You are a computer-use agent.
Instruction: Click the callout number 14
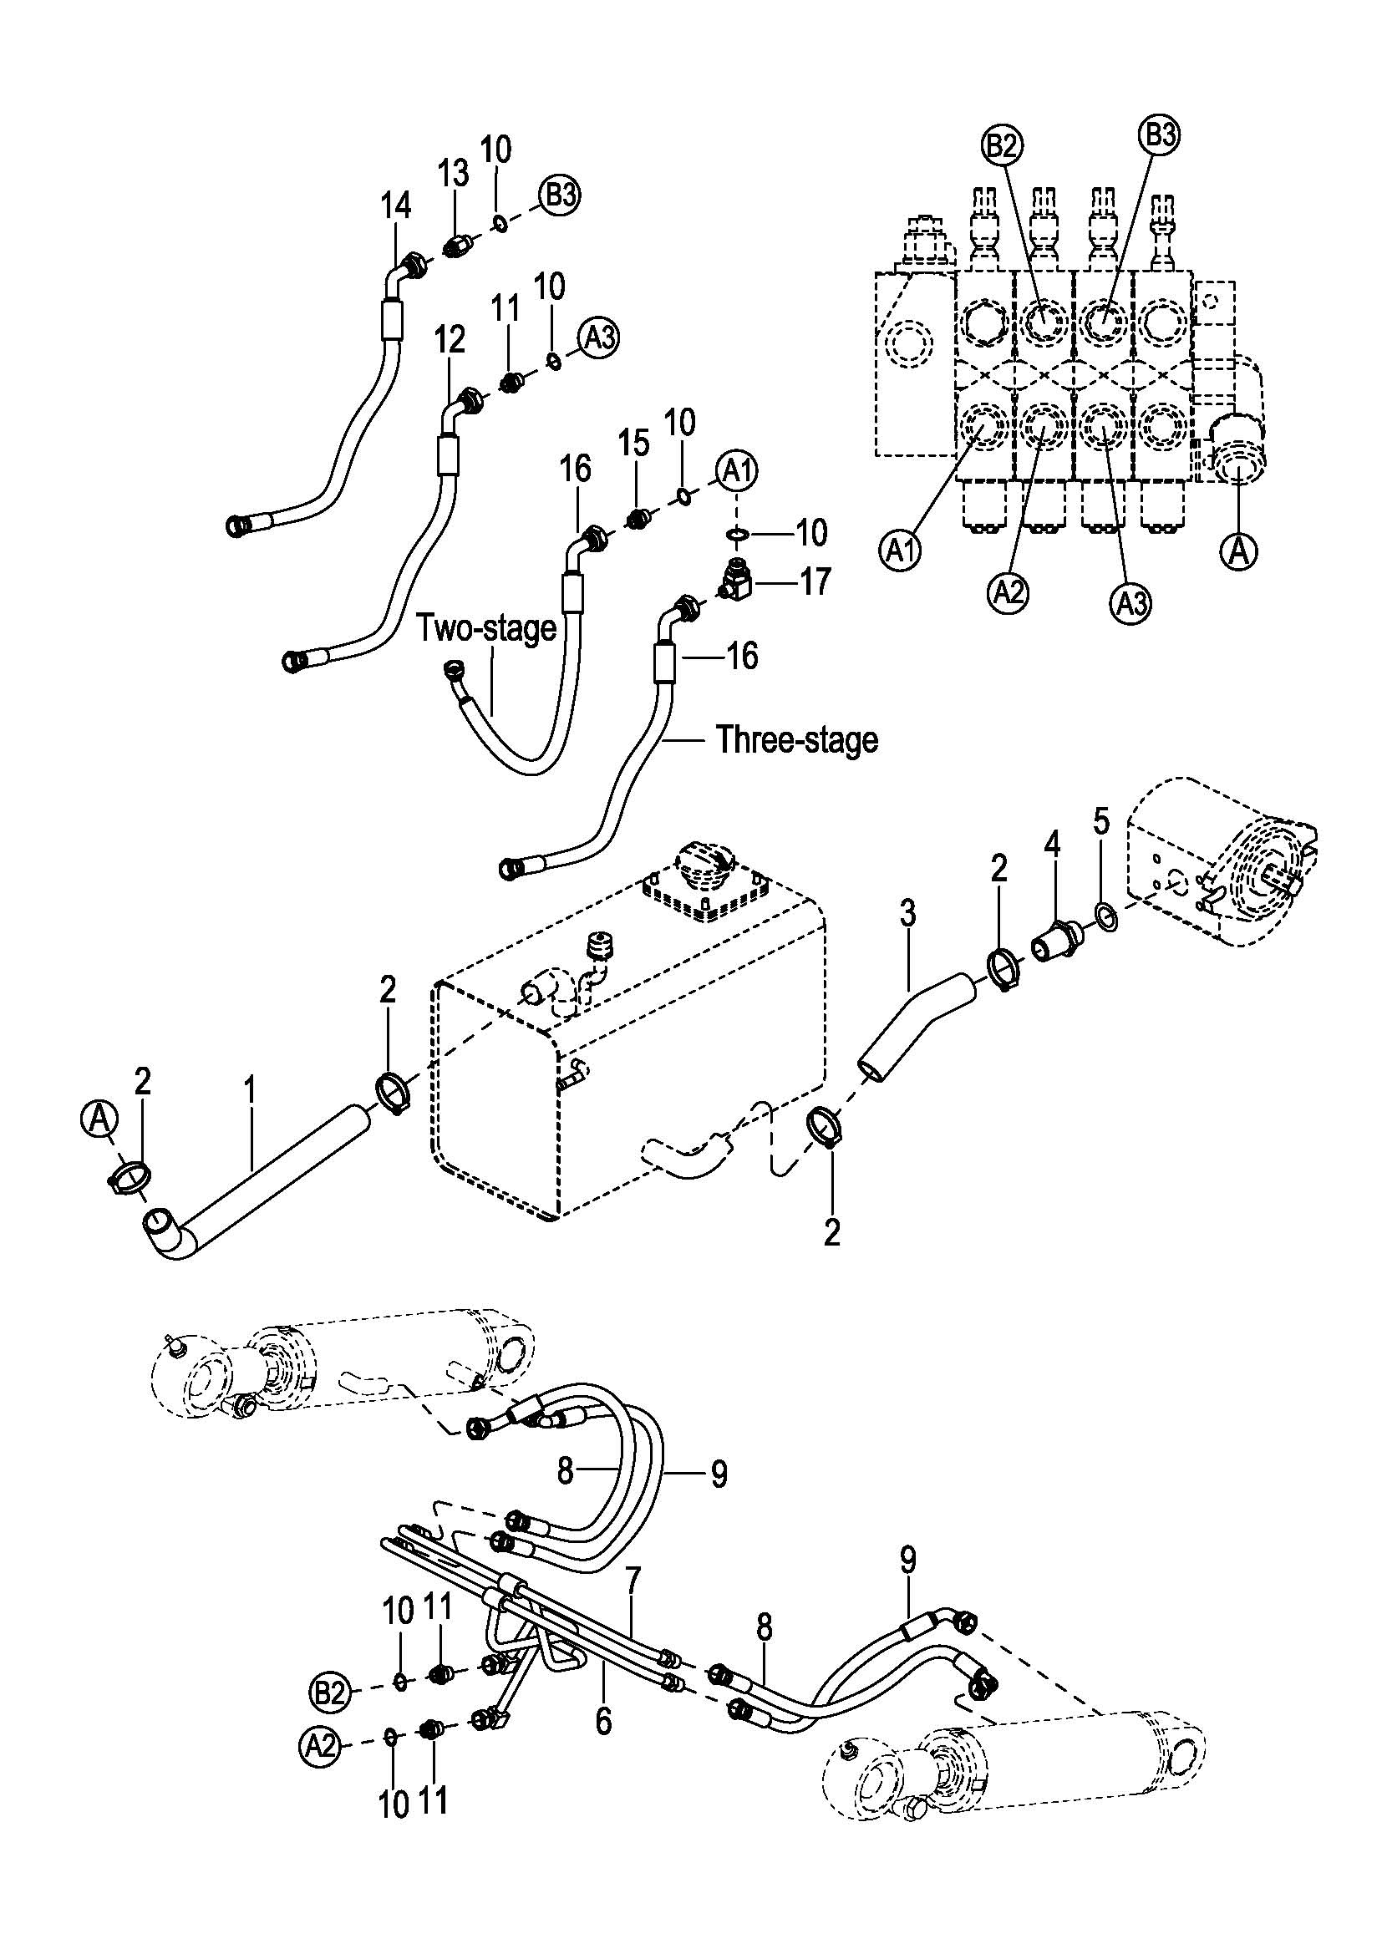coord(396,206)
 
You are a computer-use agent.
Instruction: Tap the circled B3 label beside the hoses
coord(558,195)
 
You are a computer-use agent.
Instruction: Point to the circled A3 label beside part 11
coord(599,338)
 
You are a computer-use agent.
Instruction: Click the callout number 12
coord(450,339)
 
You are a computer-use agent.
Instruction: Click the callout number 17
coord(814,582)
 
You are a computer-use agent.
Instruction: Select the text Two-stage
coord(486,628)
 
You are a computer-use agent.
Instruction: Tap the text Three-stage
coord(796,738)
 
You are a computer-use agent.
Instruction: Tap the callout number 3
coord(908,914)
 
